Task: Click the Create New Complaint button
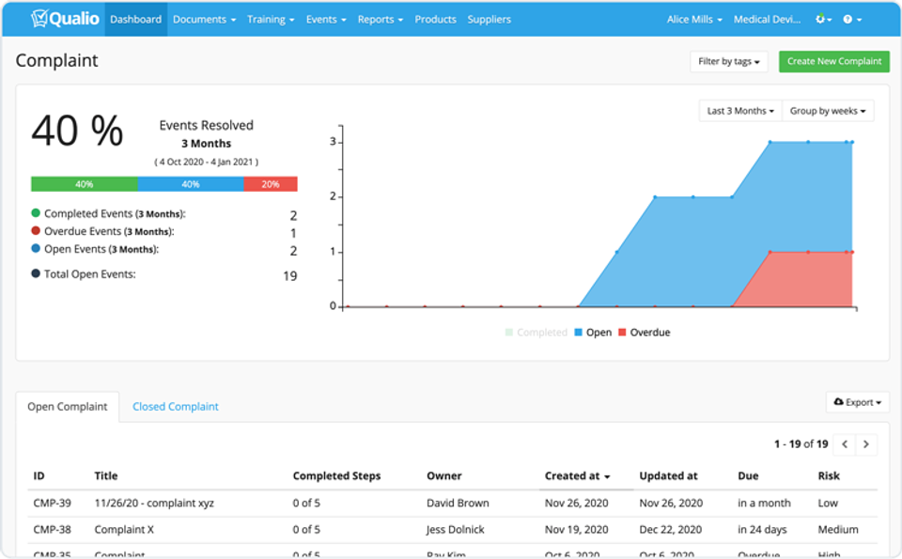point(833,61)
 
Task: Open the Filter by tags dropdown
point(728,61)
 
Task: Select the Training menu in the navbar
point(271,19)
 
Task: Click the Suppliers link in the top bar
point(489,19)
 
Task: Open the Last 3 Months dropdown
point(740,111)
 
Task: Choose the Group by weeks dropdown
point(828,111)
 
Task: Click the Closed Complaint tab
point(175,407)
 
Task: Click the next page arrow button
point(866,443)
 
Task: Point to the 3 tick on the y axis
point(333,142)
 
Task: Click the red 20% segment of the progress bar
point(271,184)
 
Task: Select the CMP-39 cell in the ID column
point(52,503)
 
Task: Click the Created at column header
point(577,475)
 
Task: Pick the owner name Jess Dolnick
point(456,529)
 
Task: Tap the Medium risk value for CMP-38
point(837,529)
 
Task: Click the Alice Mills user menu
point(694,19)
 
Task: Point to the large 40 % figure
point(77,132)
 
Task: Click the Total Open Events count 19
point(289,275)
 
